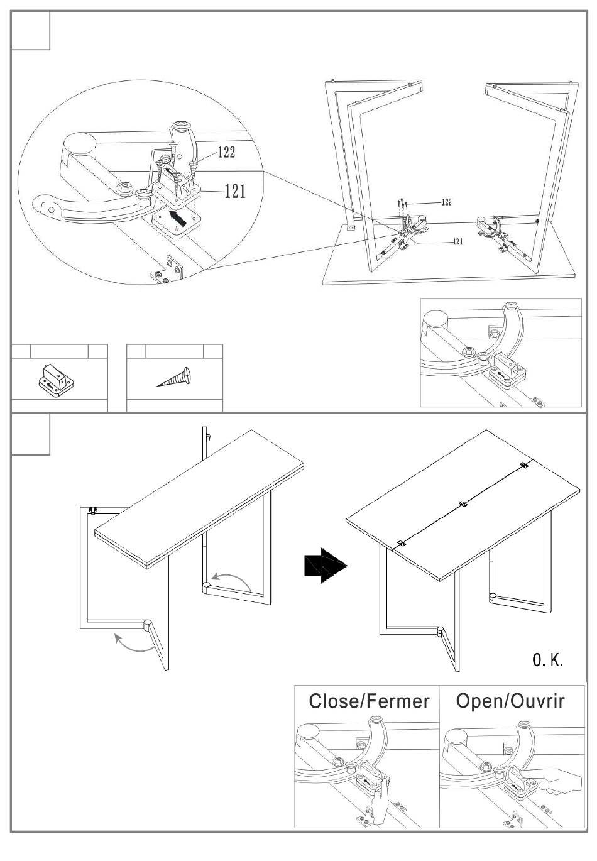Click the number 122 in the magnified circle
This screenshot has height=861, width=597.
coord(227,152)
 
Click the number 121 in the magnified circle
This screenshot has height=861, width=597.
coord(235,191)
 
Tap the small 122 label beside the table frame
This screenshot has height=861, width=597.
coord(446,202)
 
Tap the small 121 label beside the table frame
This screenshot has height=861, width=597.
coord(457,242)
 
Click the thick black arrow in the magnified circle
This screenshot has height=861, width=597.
coord(179,219)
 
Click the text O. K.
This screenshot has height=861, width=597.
coord(548,660)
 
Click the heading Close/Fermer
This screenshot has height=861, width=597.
coord(369,701)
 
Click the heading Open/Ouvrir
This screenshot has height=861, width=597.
coord(510,701)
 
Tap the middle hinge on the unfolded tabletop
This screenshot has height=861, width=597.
coord(463,505)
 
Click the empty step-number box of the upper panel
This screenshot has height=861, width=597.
coord(31,31)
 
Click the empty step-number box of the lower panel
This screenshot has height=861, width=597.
coord(31,434)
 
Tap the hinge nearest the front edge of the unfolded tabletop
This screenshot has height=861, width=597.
coord(400,544)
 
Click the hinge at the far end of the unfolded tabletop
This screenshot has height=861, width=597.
coord(523,466)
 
